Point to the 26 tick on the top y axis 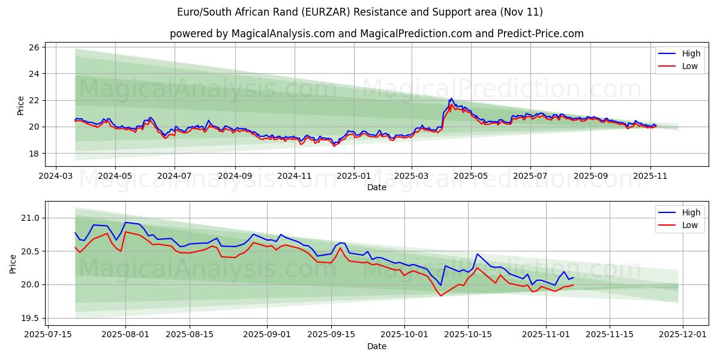pos(34,47)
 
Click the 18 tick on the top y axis pos(34,154)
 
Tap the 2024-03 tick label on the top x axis pos(56,177)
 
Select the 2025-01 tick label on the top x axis pos(353,177)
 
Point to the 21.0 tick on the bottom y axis pos(30,218)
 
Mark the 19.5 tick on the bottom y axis pos(30,318)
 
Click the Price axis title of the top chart pos(20,105)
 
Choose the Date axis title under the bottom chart pos(377,346)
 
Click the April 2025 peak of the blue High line pos(451,98)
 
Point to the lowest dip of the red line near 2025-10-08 pos(440,296)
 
